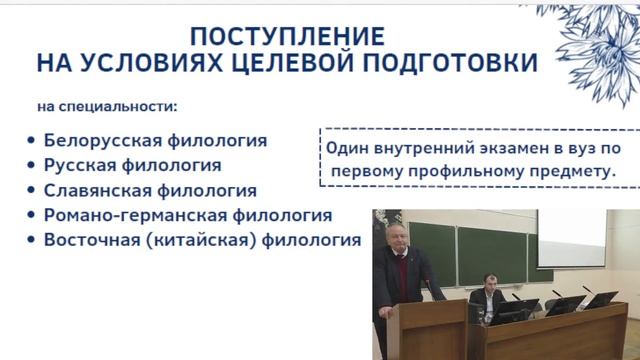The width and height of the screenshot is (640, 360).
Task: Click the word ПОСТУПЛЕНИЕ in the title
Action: click(x=271, y=37)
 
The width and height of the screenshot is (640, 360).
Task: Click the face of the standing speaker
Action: click(x=392, y=236)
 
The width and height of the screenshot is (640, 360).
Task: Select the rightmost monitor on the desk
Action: click(x=602, y=299)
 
